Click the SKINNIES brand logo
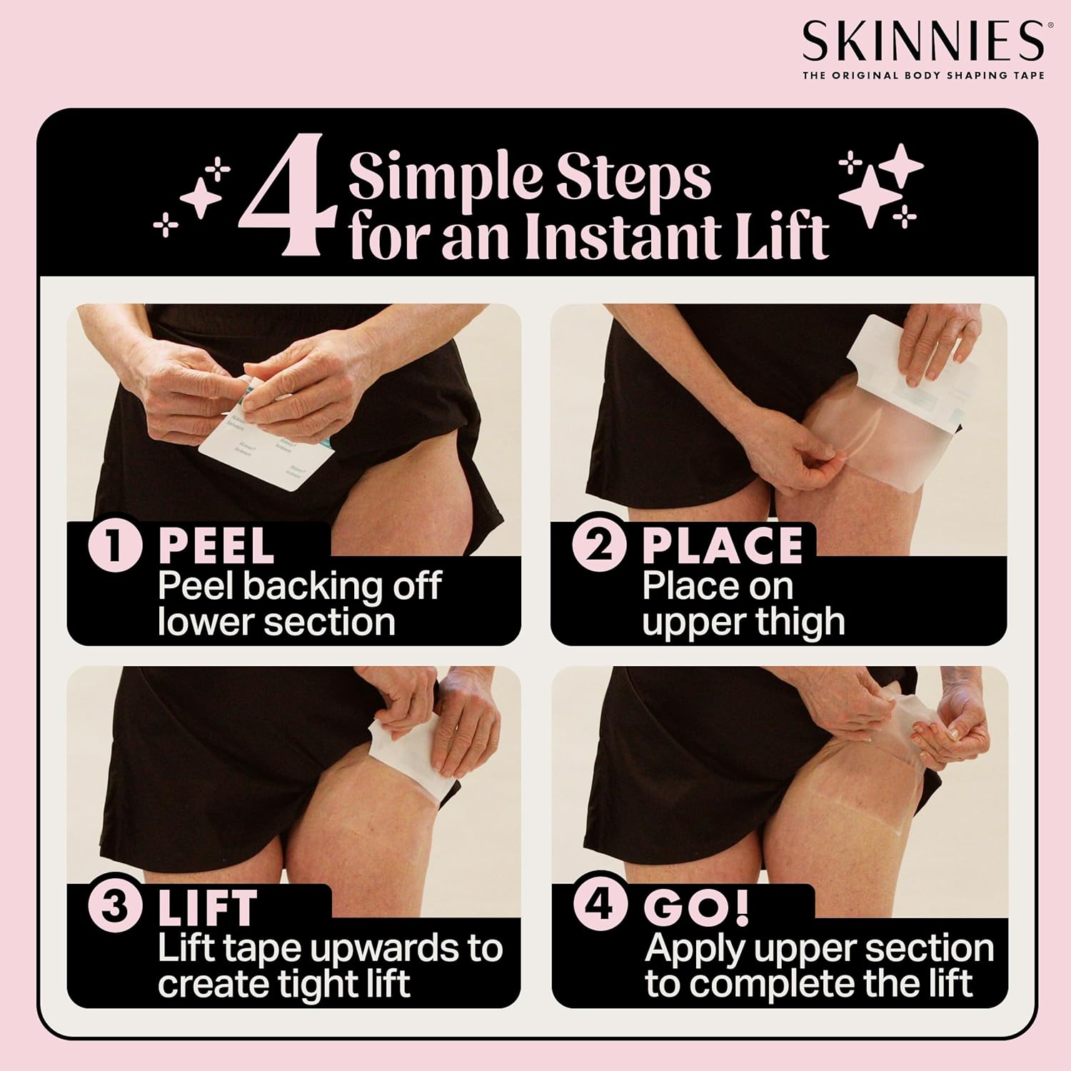pyautogui.click(x=923, y=41)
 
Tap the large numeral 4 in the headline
pyautogui.click(x=291, y=202)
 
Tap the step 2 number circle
pyautogui.click(x=600, y=545)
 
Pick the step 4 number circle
pyautogui.click(x=600, y=906)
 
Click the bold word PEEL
pyautogui.click(x=216, y=546)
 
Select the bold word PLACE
pyautogui.click(x=722, y=546)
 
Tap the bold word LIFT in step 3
pyautogui.click(x=207, y=908)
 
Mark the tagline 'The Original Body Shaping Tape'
pyautogui.click(x=923, y=75)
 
